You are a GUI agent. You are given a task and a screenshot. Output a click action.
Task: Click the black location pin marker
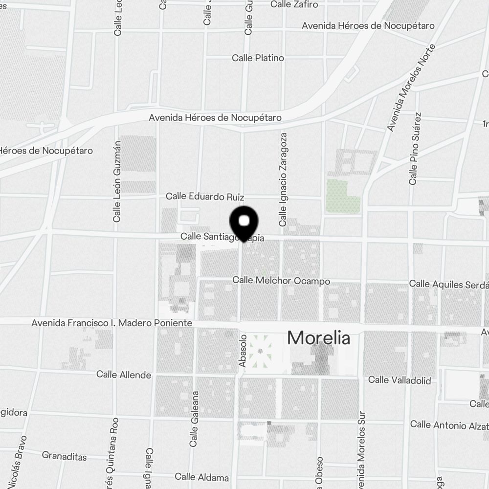tap(244, 222)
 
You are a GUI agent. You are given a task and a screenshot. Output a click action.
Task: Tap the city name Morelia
tap(318, 338)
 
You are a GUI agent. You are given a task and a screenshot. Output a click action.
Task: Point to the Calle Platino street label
tap(258, 58)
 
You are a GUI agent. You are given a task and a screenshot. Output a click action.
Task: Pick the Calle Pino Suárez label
tap(415, 149)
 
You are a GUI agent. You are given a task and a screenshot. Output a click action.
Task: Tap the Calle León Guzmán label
tap(117, 182)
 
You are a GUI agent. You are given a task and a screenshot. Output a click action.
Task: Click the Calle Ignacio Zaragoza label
tap(283, 179)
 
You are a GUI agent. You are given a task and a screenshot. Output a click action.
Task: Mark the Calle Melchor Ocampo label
tap(281, 281)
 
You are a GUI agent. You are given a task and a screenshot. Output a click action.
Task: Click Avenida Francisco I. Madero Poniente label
tap(111, 323)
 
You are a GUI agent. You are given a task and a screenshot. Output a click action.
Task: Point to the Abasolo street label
tap(243, 351)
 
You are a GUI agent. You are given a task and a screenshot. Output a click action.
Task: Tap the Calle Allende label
tap(124, 375)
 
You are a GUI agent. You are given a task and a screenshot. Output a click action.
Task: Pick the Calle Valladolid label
tap(400, 380)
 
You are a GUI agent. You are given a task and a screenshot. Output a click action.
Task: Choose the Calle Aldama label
tap(201, 477)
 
